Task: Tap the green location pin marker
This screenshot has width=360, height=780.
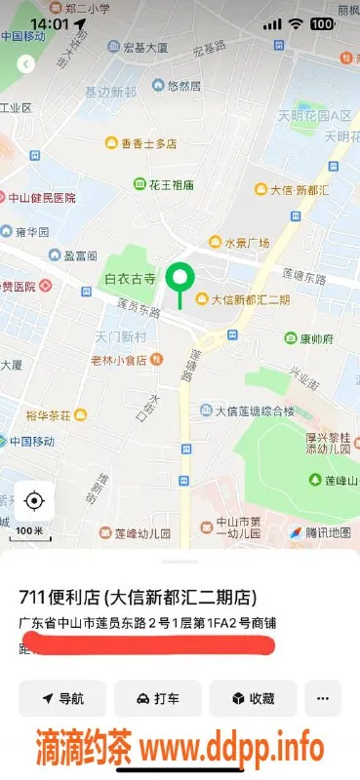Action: (x=179, y=280)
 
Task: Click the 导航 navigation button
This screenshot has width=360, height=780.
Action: (x=61, y=698)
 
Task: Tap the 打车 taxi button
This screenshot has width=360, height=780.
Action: (x=157, y=698)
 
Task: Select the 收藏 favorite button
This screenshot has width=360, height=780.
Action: (x=253, y=698)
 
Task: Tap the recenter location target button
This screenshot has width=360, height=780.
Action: (x=34, y=501)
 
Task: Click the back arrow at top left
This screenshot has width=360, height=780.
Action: (x=26, y=63)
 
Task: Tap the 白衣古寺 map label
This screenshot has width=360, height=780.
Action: (x=130, y=279)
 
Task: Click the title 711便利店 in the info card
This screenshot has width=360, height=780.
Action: (x=145, y=598)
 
